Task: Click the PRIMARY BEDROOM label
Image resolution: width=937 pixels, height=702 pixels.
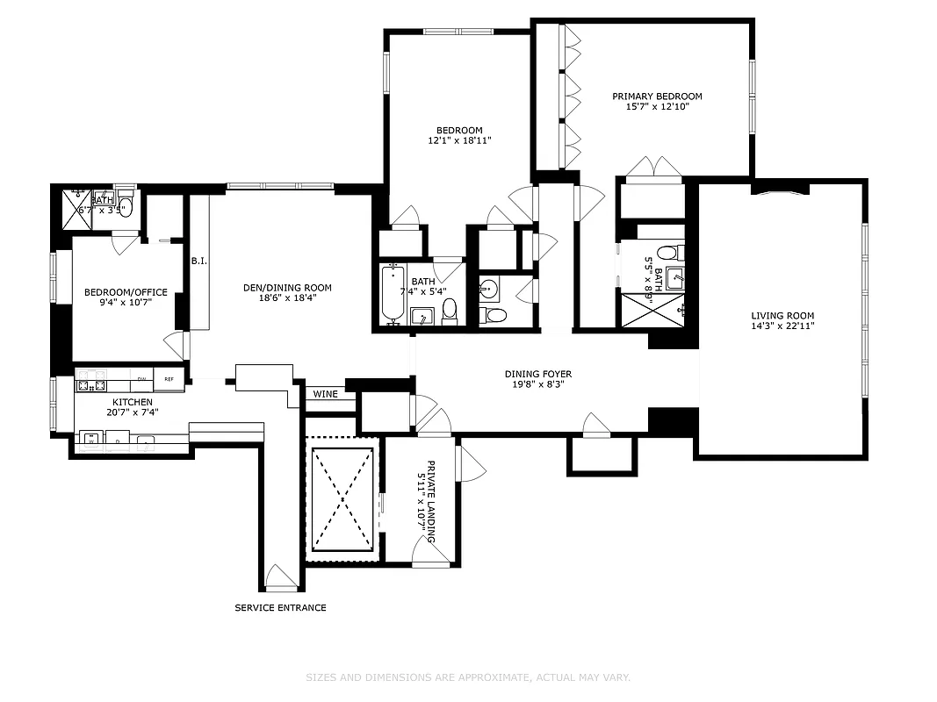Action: [x=657, y=97]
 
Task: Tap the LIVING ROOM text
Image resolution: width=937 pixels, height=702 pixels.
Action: [x=782, y=316]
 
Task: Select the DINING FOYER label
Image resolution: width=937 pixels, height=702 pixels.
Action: [x=537, y=374]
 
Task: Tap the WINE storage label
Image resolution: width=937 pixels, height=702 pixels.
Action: [x=325, y=394]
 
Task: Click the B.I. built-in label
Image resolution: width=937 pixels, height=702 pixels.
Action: [x=198, y=261]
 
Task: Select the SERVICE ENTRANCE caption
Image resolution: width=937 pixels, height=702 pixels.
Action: [x=280, y=607]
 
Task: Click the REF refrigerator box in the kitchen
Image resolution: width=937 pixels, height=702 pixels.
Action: [x=169, y=379]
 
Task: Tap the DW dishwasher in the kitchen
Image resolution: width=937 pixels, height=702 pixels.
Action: [x=141, y=379]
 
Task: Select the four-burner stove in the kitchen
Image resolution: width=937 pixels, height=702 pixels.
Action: [x=91, y=380]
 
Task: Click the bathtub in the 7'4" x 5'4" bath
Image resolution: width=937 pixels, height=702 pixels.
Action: [x=392, y=296]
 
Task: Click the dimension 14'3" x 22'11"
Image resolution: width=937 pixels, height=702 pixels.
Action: [x=782, y=326]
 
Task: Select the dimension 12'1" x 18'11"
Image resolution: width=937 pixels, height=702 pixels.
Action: [x=459, y=140]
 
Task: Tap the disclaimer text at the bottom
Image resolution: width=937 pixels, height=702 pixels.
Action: [x=468, y=677]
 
